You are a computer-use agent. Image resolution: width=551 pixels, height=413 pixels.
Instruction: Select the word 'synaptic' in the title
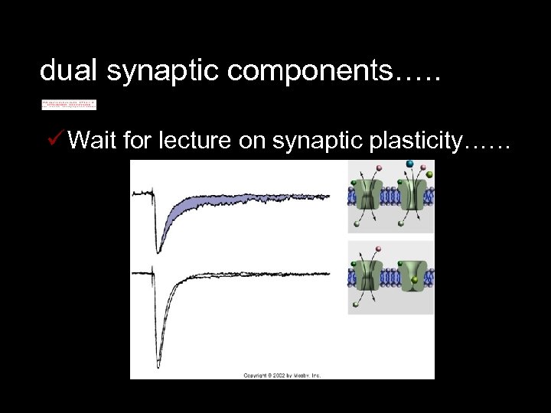coord(152,73)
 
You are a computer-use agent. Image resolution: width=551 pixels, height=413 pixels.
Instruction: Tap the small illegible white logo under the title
coord(69,105)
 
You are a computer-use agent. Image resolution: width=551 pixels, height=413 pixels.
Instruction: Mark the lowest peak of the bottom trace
coord(158,359)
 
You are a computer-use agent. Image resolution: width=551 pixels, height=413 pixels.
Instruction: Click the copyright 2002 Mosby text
coord(282,375)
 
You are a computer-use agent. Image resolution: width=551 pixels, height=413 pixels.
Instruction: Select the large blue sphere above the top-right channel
coord(410,164)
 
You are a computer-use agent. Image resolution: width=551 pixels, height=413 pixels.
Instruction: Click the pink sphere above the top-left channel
coord(378,167)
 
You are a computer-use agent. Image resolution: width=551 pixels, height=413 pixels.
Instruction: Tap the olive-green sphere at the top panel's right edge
coord(429,175)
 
